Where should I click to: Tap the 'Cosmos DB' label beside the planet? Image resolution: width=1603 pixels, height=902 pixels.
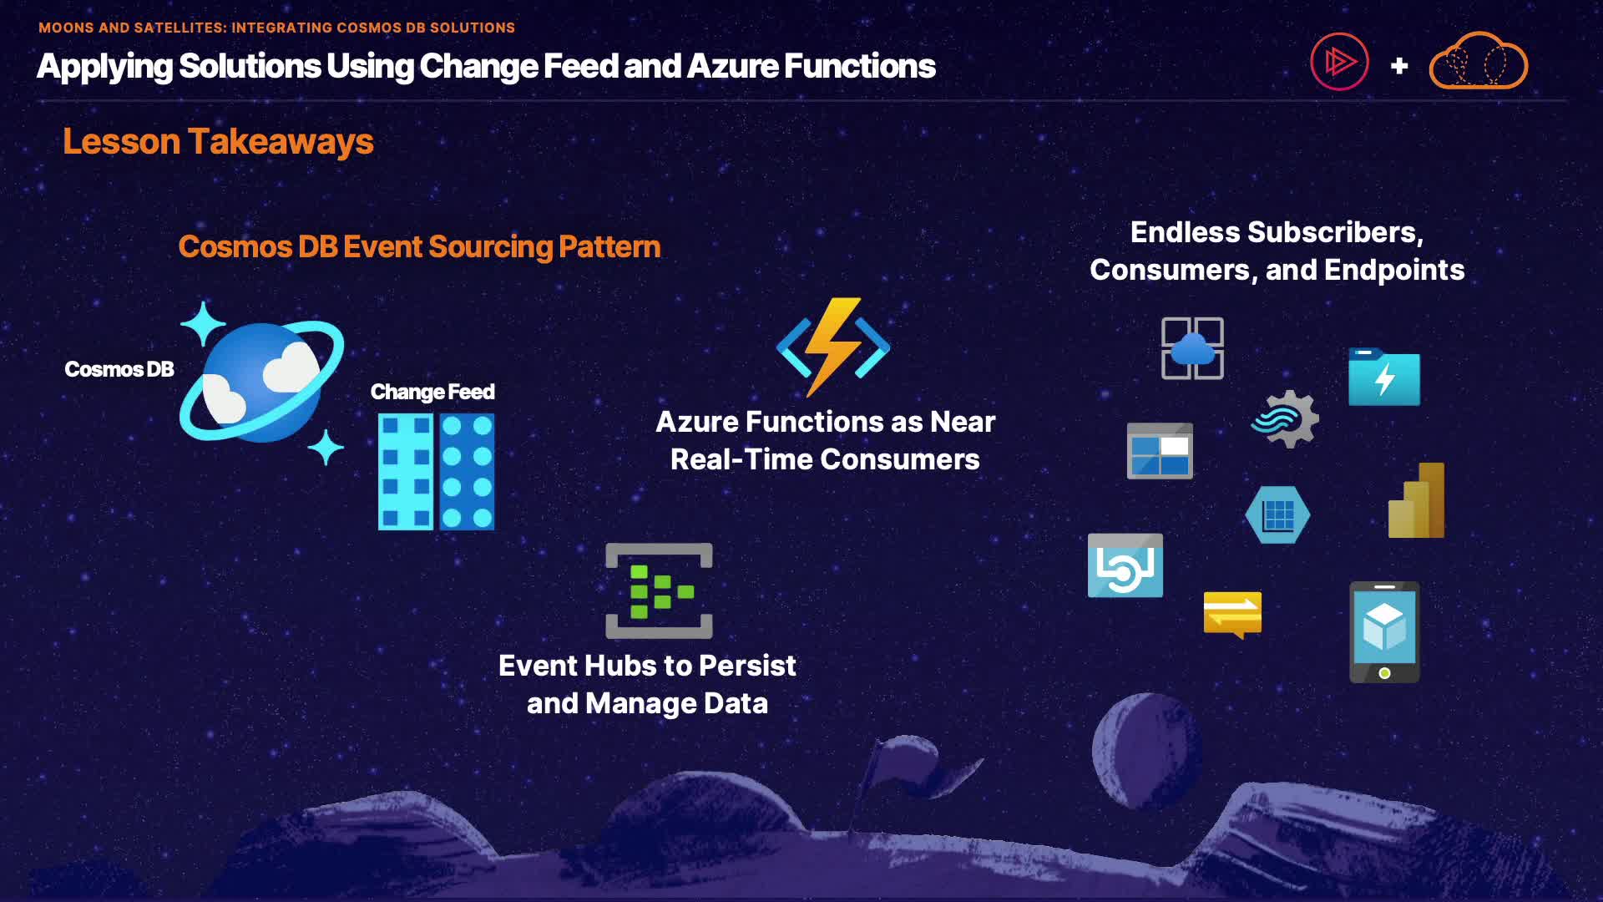119,369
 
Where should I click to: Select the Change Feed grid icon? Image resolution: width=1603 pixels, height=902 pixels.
436,472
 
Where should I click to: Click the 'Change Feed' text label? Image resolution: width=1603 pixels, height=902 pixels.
432,392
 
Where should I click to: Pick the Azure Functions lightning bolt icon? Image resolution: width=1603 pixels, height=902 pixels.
833,347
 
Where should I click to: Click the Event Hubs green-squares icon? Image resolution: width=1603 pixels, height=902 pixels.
659,590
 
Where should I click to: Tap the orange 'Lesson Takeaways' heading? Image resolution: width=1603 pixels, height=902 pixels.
218,141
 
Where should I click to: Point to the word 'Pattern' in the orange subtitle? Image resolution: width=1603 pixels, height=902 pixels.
609,246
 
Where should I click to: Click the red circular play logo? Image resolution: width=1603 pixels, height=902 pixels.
1339,62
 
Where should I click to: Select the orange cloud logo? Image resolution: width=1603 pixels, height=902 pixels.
1479,61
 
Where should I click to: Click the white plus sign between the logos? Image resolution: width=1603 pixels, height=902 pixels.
1399,65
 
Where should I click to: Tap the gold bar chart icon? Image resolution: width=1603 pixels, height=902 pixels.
1416,500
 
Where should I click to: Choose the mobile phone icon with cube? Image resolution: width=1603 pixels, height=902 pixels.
1384,632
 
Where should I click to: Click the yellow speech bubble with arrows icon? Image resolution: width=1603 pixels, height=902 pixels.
1232,615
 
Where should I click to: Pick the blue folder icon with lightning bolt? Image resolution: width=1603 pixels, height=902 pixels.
1384,377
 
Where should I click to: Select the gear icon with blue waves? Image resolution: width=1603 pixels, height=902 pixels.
1286,419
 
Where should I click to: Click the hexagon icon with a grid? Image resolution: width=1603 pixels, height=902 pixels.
1277,515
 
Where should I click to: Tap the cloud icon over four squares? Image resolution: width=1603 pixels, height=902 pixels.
1192,348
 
